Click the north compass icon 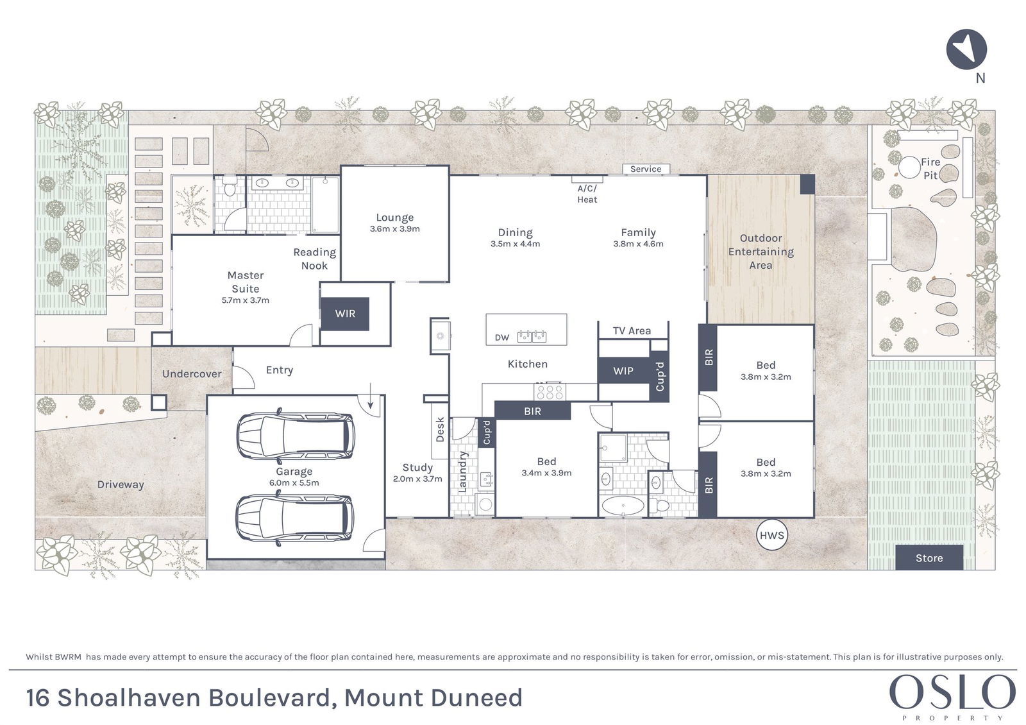point(966,49)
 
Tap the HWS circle point(772,535)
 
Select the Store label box point(929,558)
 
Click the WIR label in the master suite point(345,314)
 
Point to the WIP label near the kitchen point(623,371)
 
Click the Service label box point(646,169)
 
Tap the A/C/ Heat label point(587,194)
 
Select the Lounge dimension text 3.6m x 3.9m point(395,228)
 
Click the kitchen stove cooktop point(550,392)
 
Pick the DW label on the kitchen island point(502,337)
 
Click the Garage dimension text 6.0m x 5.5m point(294,482)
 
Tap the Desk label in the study point(440,429)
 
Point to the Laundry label point(462,472)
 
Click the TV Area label point(632,331)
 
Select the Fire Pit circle point(909,167)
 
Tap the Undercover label point(192,374)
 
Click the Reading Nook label point(315,259)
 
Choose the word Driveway point(121,484)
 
